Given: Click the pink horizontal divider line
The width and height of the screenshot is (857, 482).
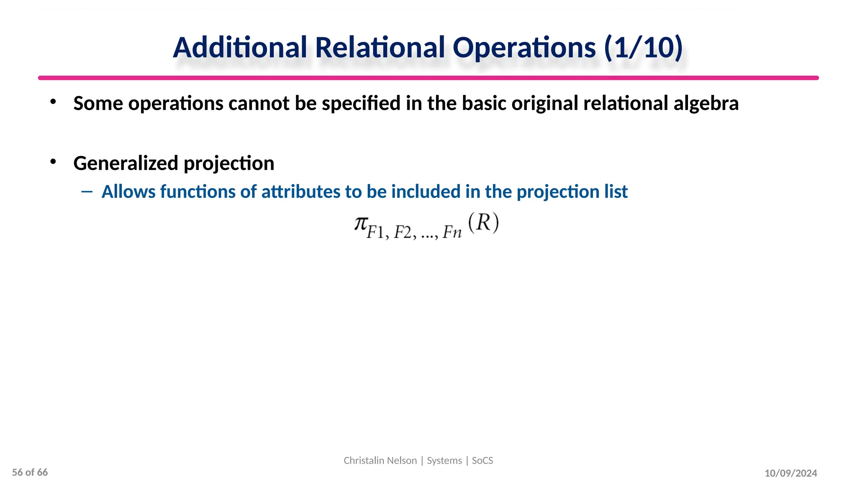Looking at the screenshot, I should [x=428, y=78].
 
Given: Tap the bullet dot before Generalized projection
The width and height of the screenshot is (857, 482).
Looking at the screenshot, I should [x=53, y=162].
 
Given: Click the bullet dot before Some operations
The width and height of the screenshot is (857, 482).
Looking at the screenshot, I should [x=53, y=102].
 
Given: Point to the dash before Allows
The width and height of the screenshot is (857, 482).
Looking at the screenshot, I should [x=87, y=192].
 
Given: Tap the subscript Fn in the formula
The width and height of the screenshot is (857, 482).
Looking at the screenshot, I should [x=452, y=232].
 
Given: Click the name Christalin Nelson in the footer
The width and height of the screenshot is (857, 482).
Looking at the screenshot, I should [x=380, y=461].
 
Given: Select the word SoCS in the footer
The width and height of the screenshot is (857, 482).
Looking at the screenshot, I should [x=482, y=461].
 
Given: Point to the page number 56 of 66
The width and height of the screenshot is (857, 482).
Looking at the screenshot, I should [x=30, y=472].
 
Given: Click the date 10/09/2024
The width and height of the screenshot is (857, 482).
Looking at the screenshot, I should [x=791, y=473].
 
